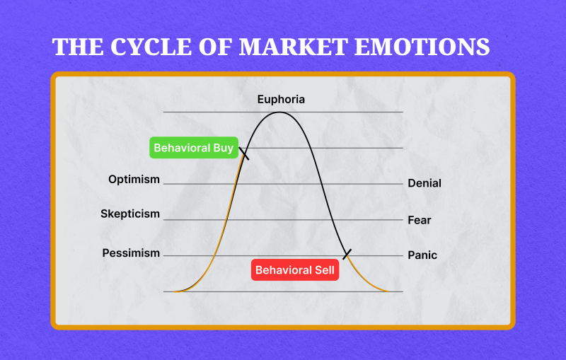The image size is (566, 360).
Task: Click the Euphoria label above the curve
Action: (281, 100)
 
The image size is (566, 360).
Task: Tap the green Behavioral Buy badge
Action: (194, 148)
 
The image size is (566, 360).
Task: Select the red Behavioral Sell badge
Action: (295, 269)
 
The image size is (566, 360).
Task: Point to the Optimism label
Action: (134, 180)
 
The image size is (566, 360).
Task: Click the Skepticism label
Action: (130, 214)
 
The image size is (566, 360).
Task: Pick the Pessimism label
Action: (131, 253)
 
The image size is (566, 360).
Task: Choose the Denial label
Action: (424, 183)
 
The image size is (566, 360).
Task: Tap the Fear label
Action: (420, 220)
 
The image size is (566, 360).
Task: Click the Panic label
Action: (422, 255)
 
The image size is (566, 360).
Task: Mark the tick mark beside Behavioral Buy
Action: (244, 153)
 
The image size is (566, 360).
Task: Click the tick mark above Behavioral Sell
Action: (347, 254)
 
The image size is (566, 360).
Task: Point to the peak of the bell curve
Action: (279, 112)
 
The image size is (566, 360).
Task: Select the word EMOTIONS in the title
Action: (422, 47)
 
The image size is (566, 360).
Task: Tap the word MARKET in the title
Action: (294, 47)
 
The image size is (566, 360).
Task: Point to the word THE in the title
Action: (78, 47)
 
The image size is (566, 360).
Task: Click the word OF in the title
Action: (215, 47)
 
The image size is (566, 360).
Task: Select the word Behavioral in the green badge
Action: (182, 148)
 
